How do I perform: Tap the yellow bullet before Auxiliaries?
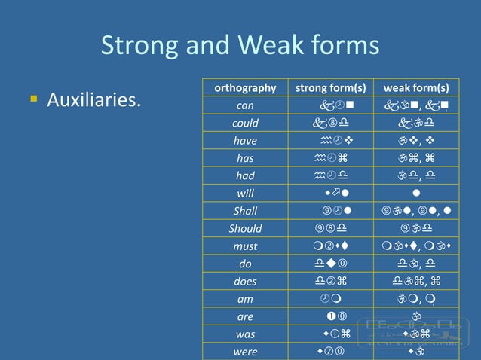[x=33, y=98]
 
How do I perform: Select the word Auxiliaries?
[x=93, y=99]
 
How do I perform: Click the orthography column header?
[x=245, y=87]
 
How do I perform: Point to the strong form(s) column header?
[x=331, y=87]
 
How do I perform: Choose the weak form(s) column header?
[x=416, y=87]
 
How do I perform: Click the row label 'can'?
[x=245, y=105]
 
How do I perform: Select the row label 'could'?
[x=245, y=123]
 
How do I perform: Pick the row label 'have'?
[x=245, y=141]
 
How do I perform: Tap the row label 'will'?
[x=245, y=193]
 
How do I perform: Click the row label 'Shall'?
[x=245, y=211]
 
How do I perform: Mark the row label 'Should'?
[x=245, y=228]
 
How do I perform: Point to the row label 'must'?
[x=245, y=246]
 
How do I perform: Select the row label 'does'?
[x=245, y=281]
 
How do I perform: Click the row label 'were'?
[x=245, y=352]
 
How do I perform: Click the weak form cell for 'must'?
[x=416, y=246]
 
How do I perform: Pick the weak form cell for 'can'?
[x=416, y=105]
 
